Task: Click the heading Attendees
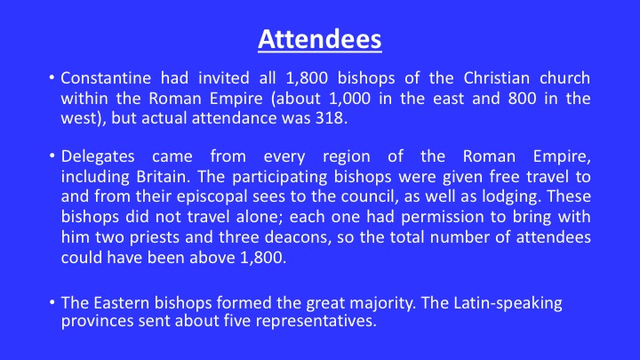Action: coord(320,40)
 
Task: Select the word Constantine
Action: coord(106,78)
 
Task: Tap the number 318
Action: coord(332,118)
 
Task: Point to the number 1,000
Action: coord(350,99)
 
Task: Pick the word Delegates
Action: coord(98,156)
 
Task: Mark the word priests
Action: coord(155,237)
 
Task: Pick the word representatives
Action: coord(316,321)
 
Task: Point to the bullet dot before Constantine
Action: coord(52,77)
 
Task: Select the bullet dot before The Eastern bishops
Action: coord(52,302)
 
